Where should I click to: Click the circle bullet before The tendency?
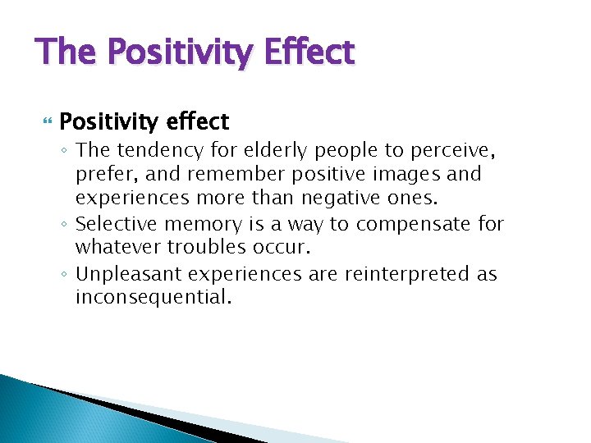tap(65, 152)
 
